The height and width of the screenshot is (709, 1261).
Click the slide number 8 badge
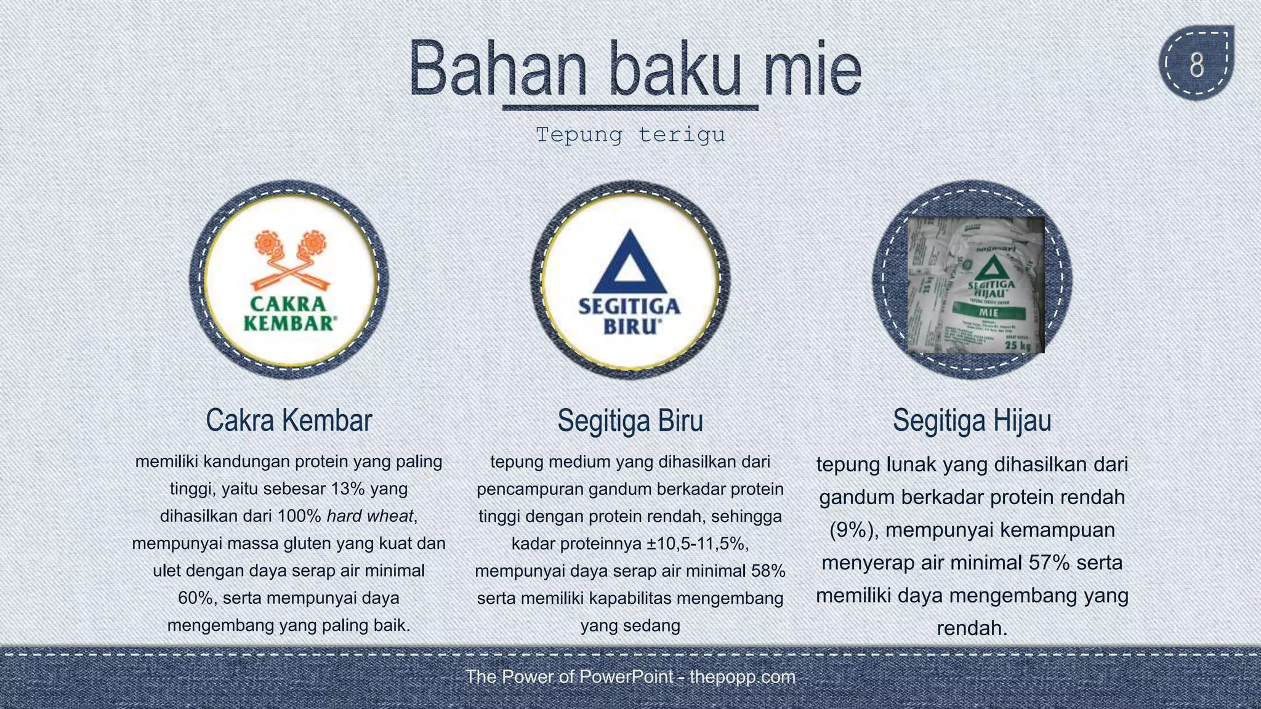pyautogui.click(x=1196, y=64)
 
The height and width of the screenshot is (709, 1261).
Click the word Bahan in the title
pyautogui.click(x=498, y=69)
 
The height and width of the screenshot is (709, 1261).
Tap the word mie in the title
pyautogui.click(x=812, y=69)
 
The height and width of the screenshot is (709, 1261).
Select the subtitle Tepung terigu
pyautogui.click(x=630, y=134)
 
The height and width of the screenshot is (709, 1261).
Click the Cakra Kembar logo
pyautogui.click(x=289, y=279)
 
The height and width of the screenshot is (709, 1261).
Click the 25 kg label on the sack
pyautogui.click(x=1017, y=345)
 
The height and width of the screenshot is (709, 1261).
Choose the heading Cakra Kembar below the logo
pyautogui.click(x=289, y=420)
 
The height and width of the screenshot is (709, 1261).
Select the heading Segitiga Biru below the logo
pyautogui.click(x=630, y=421)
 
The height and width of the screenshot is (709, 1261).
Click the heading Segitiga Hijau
pyautogui.click(x=972, y=421)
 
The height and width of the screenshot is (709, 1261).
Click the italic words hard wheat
pyautogui.click(x=369, y=516)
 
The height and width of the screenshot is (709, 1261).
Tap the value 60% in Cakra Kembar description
pyautogui.click(x=196, y=598)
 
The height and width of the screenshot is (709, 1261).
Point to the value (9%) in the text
pyautogui.click(x=853, y=530)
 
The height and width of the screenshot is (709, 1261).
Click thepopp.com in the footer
pyautogui.click(x=742, y=677)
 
